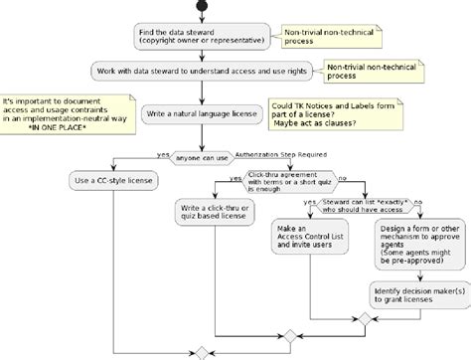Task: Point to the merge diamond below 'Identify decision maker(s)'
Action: [x=364, y=318]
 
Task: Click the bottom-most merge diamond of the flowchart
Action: [x=201, y=353]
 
